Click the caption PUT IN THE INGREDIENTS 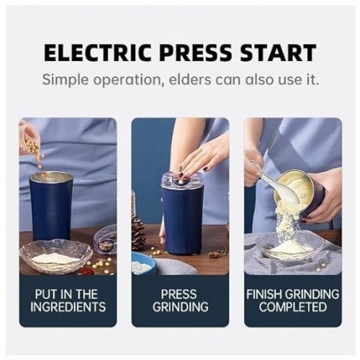pos(67,300)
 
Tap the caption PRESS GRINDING pos(179,300)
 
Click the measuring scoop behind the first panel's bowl pos(104,240)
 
